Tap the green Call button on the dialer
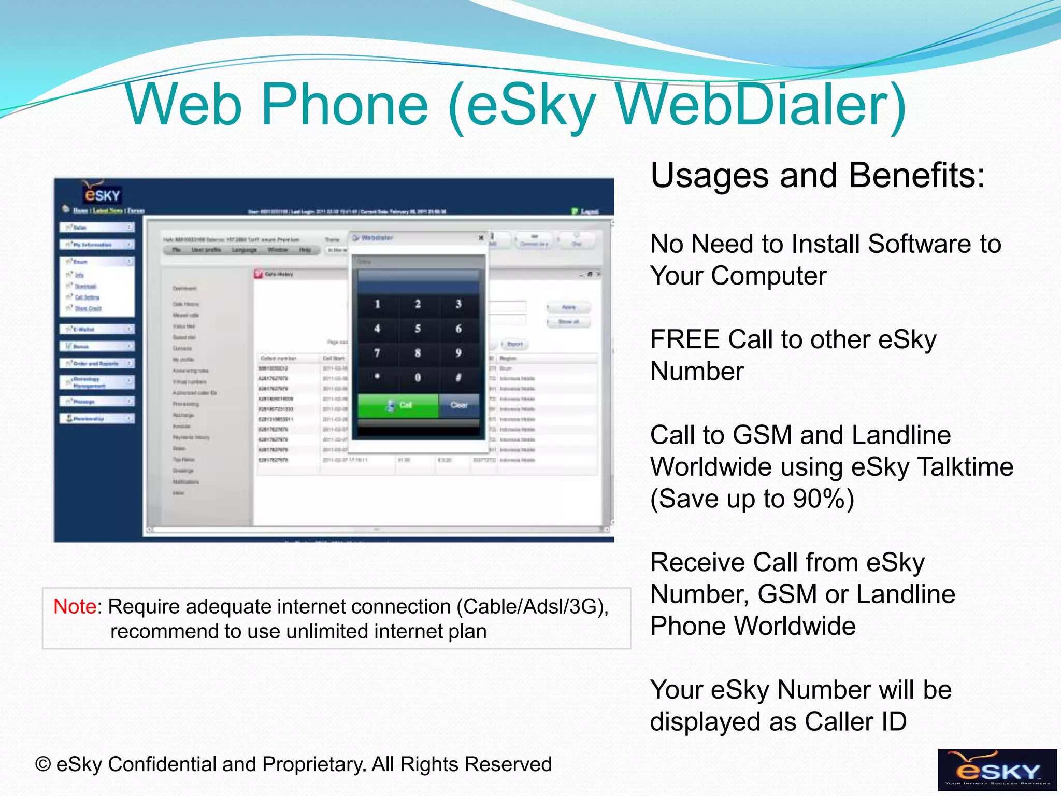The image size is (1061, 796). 398,405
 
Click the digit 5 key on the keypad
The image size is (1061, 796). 418,329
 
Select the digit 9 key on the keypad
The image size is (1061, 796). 458,353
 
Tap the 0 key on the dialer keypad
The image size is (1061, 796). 418,378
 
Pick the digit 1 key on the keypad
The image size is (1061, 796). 377,304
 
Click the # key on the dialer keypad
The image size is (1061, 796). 458,378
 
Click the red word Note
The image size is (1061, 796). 75,606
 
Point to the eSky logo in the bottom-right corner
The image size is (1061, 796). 997,770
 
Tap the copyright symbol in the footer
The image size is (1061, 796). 43,765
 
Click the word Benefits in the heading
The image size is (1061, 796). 916,175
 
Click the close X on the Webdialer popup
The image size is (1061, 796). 481,238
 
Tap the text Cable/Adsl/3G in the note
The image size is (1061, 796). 532,606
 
